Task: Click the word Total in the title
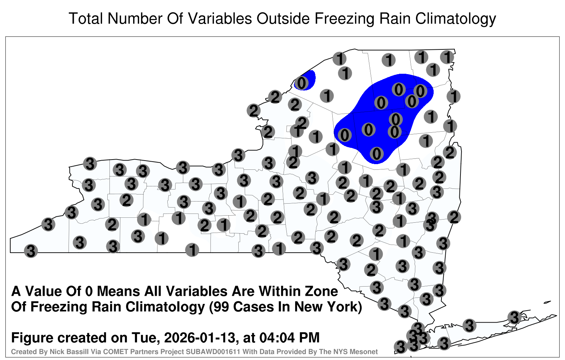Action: coord(86,18)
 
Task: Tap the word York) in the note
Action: coord(344,307)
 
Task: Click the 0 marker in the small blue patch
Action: coord(302,83)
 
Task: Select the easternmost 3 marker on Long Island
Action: coord(514,317)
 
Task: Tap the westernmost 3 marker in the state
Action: coord(31,251)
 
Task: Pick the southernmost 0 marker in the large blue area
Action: coord(376,154)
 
